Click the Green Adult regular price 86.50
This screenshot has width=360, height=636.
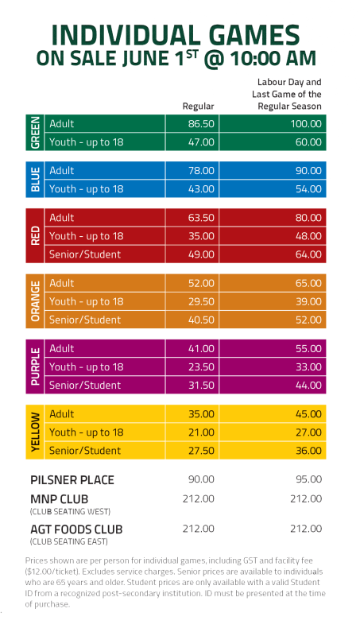[201, 124]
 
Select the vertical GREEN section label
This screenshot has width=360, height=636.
[35, 133]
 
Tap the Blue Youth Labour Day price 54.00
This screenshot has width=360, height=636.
[308, 189]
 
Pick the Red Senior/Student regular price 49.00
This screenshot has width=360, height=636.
[201, 254]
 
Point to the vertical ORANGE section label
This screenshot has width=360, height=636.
[35, 301]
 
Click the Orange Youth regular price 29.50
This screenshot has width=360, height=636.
[201, 301]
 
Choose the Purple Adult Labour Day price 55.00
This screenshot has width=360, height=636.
[308, 349]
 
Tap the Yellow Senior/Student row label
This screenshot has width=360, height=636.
[85, 451]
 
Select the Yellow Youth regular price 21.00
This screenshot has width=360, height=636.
[201, 432]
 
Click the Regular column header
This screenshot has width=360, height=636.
[198, 107]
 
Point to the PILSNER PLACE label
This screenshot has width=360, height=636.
[72, 480]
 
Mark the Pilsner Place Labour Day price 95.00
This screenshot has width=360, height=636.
[309, 479]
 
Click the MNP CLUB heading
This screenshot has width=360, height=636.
[59, 499]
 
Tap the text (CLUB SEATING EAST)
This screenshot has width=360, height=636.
[69, 541]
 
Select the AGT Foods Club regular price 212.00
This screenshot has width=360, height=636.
[198, 529]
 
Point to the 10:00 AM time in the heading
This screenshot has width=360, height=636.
[273, 58]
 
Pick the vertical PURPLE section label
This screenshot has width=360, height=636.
[35, 366]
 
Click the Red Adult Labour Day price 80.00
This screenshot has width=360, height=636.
[308, 218]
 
